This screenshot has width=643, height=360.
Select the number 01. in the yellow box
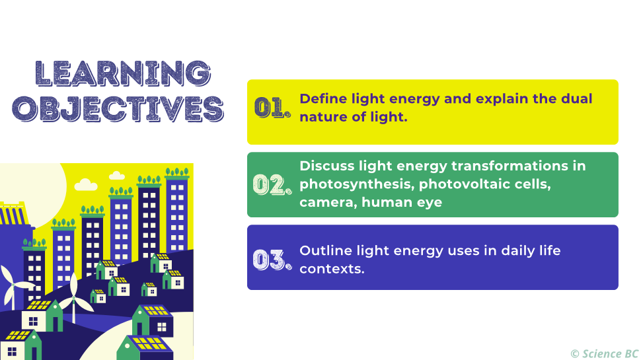(272, 108)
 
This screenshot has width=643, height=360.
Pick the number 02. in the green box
(272, 184)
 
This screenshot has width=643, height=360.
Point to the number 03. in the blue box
(272, 260)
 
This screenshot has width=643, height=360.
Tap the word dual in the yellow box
(576, 99)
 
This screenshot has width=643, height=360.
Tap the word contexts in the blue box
(331, 269)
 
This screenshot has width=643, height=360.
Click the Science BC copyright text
(604, 353)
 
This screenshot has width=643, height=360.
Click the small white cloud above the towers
(117, 176)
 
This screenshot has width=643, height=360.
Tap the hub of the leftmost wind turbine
(13, 284)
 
